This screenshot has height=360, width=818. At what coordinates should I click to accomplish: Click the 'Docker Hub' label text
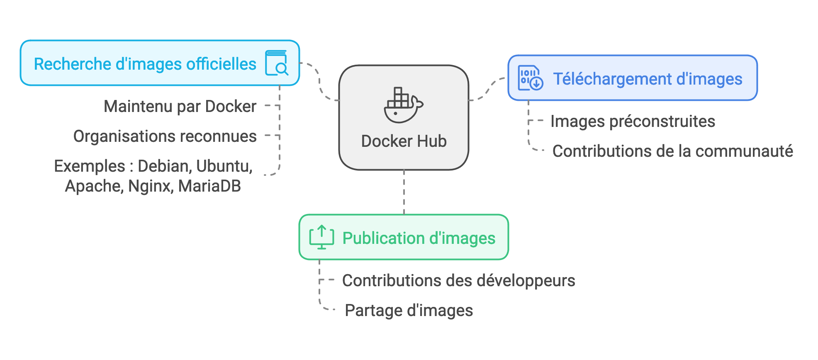[404, 141]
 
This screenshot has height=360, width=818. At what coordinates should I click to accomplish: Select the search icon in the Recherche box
[277, 63]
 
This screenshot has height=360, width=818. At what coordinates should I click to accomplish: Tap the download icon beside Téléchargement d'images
[530, 78]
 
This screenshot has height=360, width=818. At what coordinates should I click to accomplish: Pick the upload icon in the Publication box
[321, 237]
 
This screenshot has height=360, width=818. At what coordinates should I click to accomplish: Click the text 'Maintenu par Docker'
[180, 107]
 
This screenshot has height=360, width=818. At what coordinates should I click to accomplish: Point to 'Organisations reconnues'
[165, 136]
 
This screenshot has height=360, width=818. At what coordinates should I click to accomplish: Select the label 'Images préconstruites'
[633, 122]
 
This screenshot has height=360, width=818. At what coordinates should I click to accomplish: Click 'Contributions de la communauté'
[672, 151]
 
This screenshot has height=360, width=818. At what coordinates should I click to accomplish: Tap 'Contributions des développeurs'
[458, 281]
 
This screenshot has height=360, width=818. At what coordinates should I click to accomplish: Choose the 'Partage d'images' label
[409, 311]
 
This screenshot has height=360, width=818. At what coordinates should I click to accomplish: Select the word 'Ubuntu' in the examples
[224, 166]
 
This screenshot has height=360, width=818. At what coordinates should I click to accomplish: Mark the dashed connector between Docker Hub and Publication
[404, 192]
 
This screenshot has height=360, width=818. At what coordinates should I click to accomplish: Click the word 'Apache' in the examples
[94, 186]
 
